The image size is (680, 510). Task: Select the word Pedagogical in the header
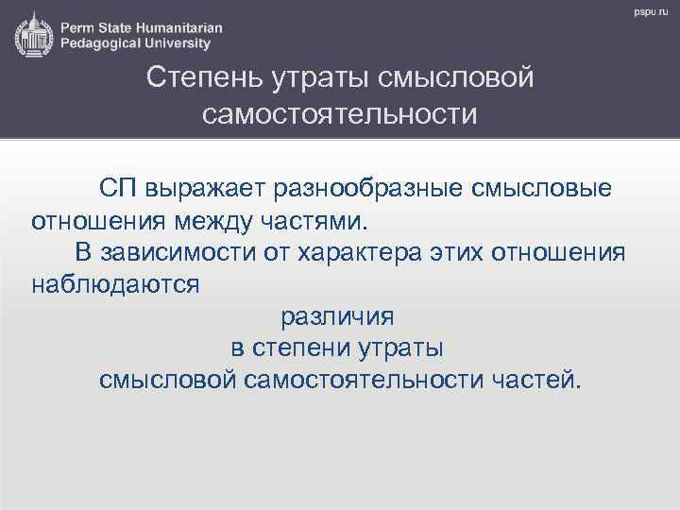pos(103,43)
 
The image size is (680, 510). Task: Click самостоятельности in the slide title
pos(340,114)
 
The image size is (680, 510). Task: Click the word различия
pos(338,316)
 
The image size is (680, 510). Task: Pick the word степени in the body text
pos(302,348)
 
